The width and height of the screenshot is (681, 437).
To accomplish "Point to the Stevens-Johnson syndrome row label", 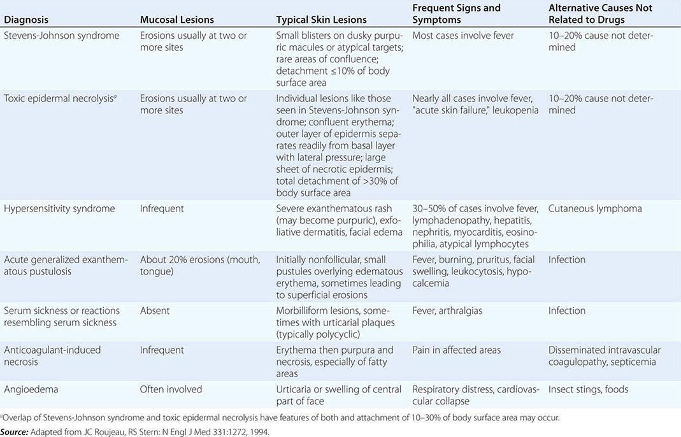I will click(62, 36).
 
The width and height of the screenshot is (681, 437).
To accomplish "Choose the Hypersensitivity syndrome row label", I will click(59, 208).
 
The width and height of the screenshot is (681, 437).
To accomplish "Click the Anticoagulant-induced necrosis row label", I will click(52, 355).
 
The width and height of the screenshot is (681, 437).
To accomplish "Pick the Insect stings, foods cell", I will click(588, 389).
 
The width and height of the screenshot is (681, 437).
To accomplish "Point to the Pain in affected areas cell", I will click(456, 350).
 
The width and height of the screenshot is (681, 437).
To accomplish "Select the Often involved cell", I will click(171, 389).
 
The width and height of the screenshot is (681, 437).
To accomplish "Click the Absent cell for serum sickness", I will click(155, 310).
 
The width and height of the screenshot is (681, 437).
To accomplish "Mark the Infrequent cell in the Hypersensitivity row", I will click(162, 208).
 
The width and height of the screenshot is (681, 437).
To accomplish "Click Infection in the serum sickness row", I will click(567, 310).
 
